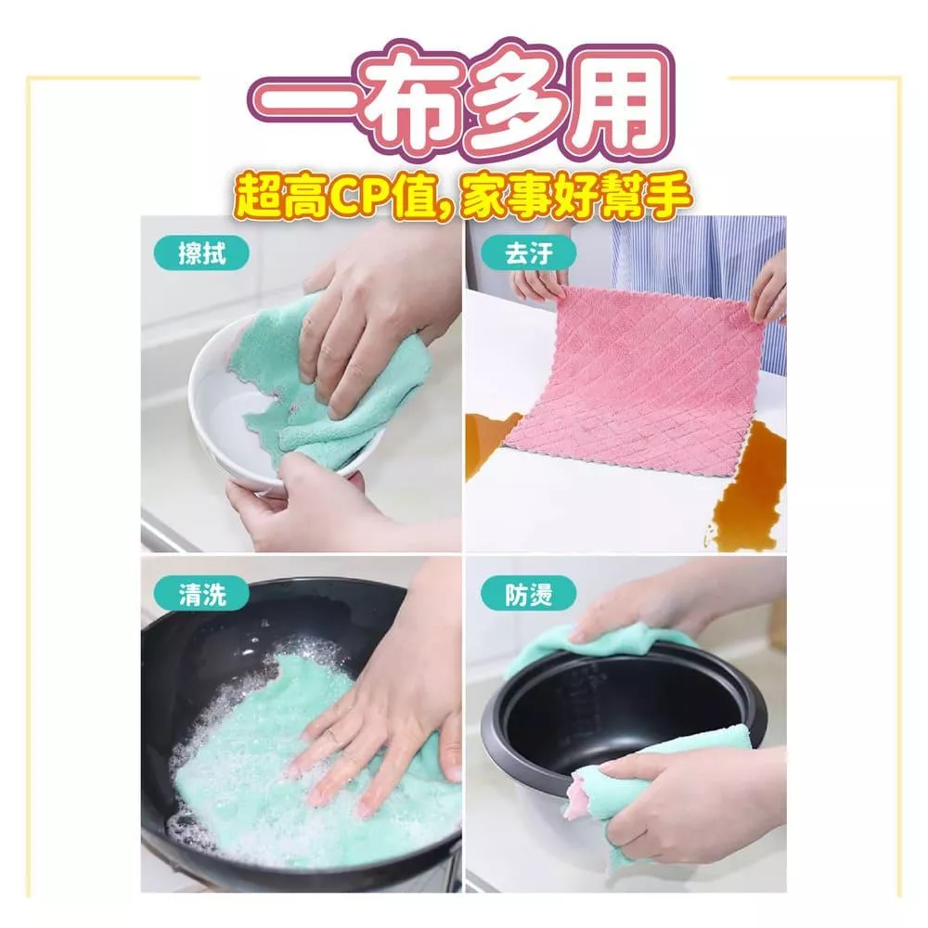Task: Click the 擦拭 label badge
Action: coord(201,254)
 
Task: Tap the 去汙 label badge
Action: coord(529,254)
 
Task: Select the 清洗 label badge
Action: coord(201,594)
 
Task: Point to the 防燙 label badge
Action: coord(529,594)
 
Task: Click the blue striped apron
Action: coord(699,278)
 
